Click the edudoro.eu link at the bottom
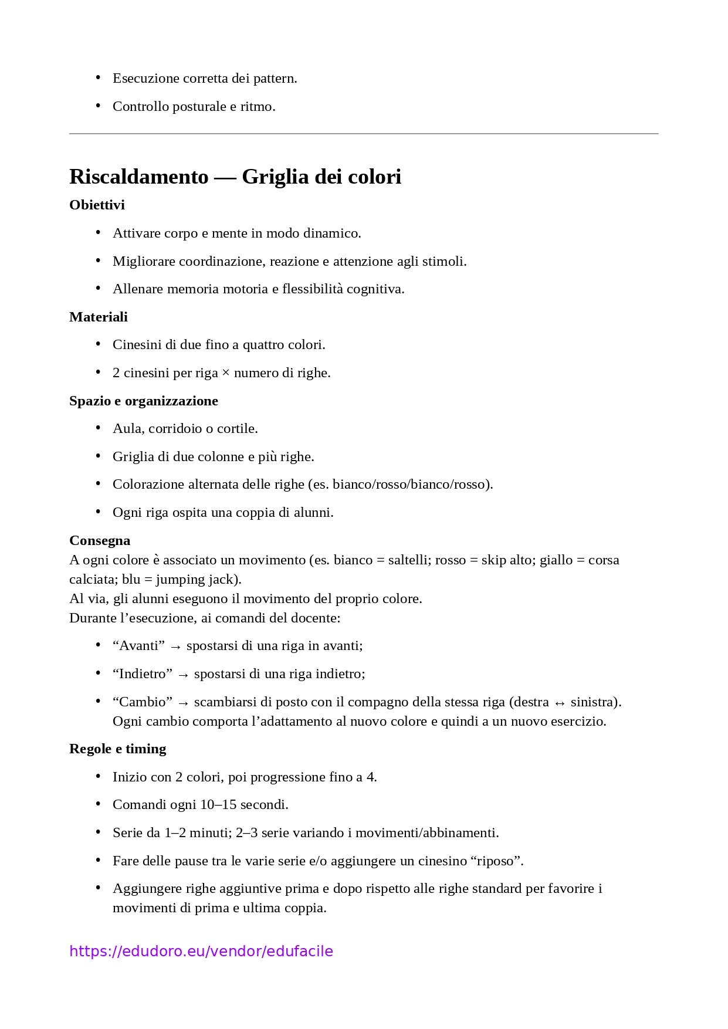pyautogui.click(x=201, y=951)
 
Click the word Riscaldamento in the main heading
pyautogui.click(x=139, y=177)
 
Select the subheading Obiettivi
pyautogui.click(x=97, y=205)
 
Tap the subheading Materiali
pyautogui.click(x=98, y=317)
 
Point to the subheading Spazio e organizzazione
pyautogui.click(x=143, y=401)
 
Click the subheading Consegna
pyautogui.click(x=100, y=540)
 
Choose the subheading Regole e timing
pyautogui.click(x=117, y=749)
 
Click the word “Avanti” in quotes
pyautogui.click(x=138, y=646)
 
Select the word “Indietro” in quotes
pyautogui.click(x=143, y=674)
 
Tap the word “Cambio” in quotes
pyautogui.click(x=143, y=702)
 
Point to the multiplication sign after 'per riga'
pyautogui.click(x=226, y=373)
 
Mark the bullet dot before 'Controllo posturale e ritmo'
pyautogui.click(x=98, y=106)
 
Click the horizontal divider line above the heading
pyautogui.click(x=364, y=134)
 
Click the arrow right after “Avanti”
pyautogui.click(x=175, y=646)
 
